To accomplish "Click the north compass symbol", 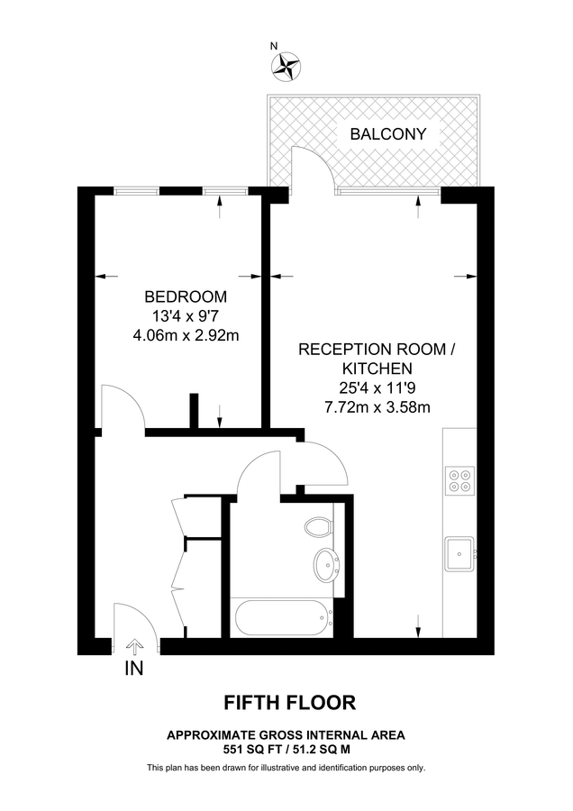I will pos(286,64).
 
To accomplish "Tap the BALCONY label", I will pos(388,136).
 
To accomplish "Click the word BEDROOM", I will pos(186,296).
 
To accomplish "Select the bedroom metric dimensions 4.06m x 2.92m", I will pos(186,336).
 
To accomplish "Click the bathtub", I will pos(280,618).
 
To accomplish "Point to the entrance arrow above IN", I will pos(135,645).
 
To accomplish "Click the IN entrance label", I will pos(133,670).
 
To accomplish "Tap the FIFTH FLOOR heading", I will pos(289,702).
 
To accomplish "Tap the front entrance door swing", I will pos(131,619).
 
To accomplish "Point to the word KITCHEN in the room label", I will pos(377,369).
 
